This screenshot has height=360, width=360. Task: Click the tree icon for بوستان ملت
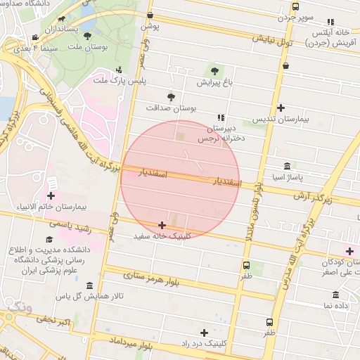(87, 35)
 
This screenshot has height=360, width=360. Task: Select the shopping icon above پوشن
(150, 15)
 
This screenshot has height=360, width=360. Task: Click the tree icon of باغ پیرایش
(214, 70)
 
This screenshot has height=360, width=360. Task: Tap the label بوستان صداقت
(171, 108)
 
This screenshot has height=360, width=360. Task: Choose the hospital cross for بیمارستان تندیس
(281, 108)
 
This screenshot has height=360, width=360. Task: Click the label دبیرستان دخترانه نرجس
(226, 134)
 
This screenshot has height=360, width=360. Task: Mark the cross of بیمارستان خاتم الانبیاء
(51, 195)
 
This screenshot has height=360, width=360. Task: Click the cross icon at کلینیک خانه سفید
(162, 224)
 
